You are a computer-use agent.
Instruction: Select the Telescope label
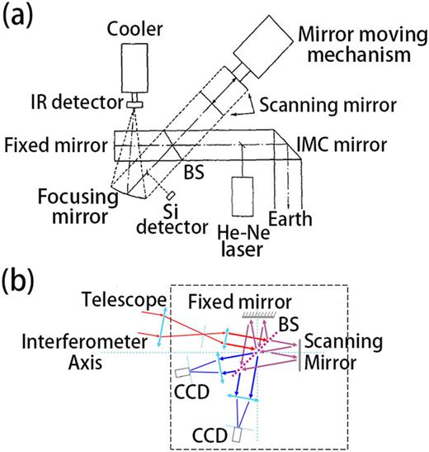[114, 297]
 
